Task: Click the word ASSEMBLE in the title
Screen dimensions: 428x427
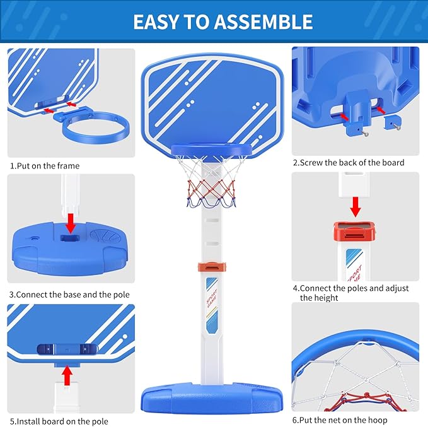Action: pos(263,22)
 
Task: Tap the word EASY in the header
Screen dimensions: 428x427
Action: pos(156,22)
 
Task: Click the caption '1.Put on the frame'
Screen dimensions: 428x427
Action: pos(45,166)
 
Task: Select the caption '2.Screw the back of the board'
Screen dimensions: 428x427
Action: pos(349,163)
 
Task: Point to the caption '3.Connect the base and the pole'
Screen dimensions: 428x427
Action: pos(69,295)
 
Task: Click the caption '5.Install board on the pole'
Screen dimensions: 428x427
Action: pos(59,421)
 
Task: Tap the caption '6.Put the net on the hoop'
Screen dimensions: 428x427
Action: pos(340,420)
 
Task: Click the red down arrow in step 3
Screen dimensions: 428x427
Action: pos(71,223)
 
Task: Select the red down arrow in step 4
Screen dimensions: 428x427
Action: pos(356,207)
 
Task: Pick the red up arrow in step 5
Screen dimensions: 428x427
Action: pos(67,376)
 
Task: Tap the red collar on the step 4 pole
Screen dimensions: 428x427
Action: pos(354,231)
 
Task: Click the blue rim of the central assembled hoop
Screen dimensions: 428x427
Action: pos(211,149)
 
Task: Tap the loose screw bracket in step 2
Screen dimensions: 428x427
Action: pos(393,122)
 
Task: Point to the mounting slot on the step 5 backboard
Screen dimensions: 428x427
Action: pos(67,349)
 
